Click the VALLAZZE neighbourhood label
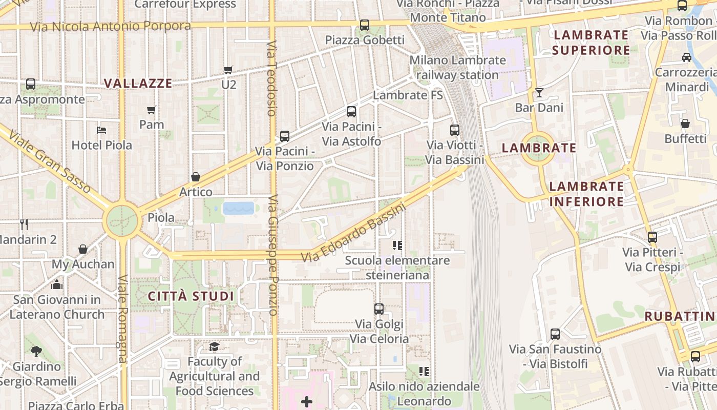(x=138, y=84)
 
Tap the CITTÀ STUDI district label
(x=191, y=296)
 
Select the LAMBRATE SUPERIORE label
(x=591, y=43)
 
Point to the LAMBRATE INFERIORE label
(x=586, y=194)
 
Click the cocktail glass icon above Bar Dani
(x=539, y=93)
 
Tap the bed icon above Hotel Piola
(x=101, y=130)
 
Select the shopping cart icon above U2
(x=228, y=70)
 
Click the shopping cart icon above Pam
(x=152, y=110)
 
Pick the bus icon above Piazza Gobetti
(x=365, y=25)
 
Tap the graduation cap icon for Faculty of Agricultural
(x=214, y=347)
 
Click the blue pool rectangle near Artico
(x=239, y=208)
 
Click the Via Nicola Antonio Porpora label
(x=110, y=26)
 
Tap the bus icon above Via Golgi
(x=379, y=309)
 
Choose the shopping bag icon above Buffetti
(x=685, y=124)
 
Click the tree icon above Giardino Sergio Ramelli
(x=36, y=352)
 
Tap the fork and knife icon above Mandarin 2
(x=24, y=224)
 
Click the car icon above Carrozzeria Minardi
(x=687, y=57)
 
